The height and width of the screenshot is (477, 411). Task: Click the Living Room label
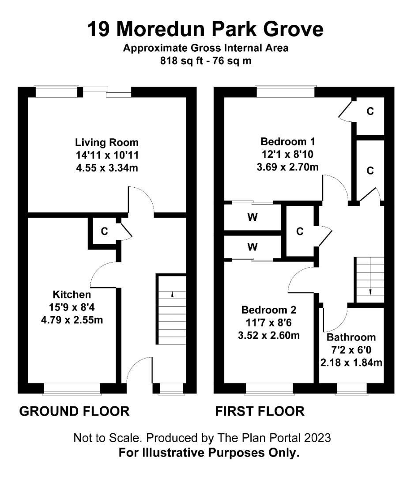point(107,142)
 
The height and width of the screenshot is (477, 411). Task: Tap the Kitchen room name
point(72,295)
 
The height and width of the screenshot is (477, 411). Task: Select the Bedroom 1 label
point(287,141)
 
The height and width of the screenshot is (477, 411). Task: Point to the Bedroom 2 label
point(269,310)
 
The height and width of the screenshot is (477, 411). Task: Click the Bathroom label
point(351,337)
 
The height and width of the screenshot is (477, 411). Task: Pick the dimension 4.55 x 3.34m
point(107,168)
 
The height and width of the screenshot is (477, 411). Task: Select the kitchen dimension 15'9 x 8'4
point(72,307)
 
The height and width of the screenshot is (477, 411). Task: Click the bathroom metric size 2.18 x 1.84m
point(351,363)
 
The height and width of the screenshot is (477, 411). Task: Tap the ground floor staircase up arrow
point(172,295)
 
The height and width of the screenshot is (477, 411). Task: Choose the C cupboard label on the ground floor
point(104,231)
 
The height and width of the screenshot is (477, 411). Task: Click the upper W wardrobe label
point(253,217)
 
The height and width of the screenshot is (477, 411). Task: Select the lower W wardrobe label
point(253,247)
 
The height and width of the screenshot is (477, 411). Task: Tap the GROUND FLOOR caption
point(75,411)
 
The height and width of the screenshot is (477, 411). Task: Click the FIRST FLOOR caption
point(260,411)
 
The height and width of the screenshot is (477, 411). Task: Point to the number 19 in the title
point(98,29)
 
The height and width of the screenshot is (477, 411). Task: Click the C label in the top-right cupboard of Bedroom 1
point(370,111)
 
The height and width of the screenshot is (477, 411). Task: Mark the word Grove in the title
point(293,29)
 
